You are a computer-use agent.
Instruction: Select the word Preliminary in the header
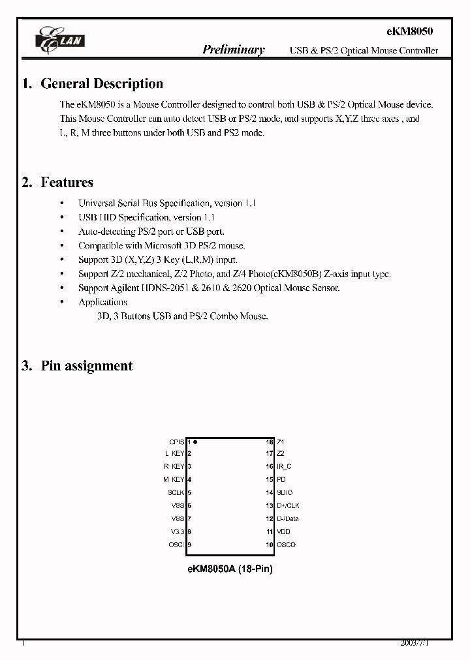point(234,50)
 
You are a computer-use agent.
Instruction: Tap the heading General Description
point(102,83)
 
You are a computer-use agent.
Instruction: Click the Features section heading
point(67,183)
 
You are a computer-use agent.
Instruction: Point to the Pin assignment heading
point(86,366)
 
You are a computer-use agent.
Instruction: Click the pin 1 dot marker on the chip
point(195,442)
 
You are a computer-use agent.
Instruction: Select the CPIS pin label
point(176,442)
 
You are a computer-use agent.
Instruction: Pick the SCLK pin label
point(176,492)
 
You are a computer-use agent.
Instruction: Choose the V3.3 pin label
point(177,532)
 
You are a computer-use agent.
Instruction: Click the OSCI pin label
point(176,545)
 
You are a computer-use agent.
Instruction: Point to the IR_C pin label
point(284,466)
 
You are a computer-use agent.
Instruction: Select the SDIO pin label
point(285,492)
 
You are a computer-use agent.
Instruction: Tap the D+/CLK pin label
point(288,505)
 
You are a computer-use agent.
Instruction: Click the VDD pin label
point(283,532)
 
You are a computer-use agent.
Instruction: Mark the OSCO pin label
point(286,545)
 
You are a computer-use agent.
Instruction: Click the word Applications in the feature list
point(102,302)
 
